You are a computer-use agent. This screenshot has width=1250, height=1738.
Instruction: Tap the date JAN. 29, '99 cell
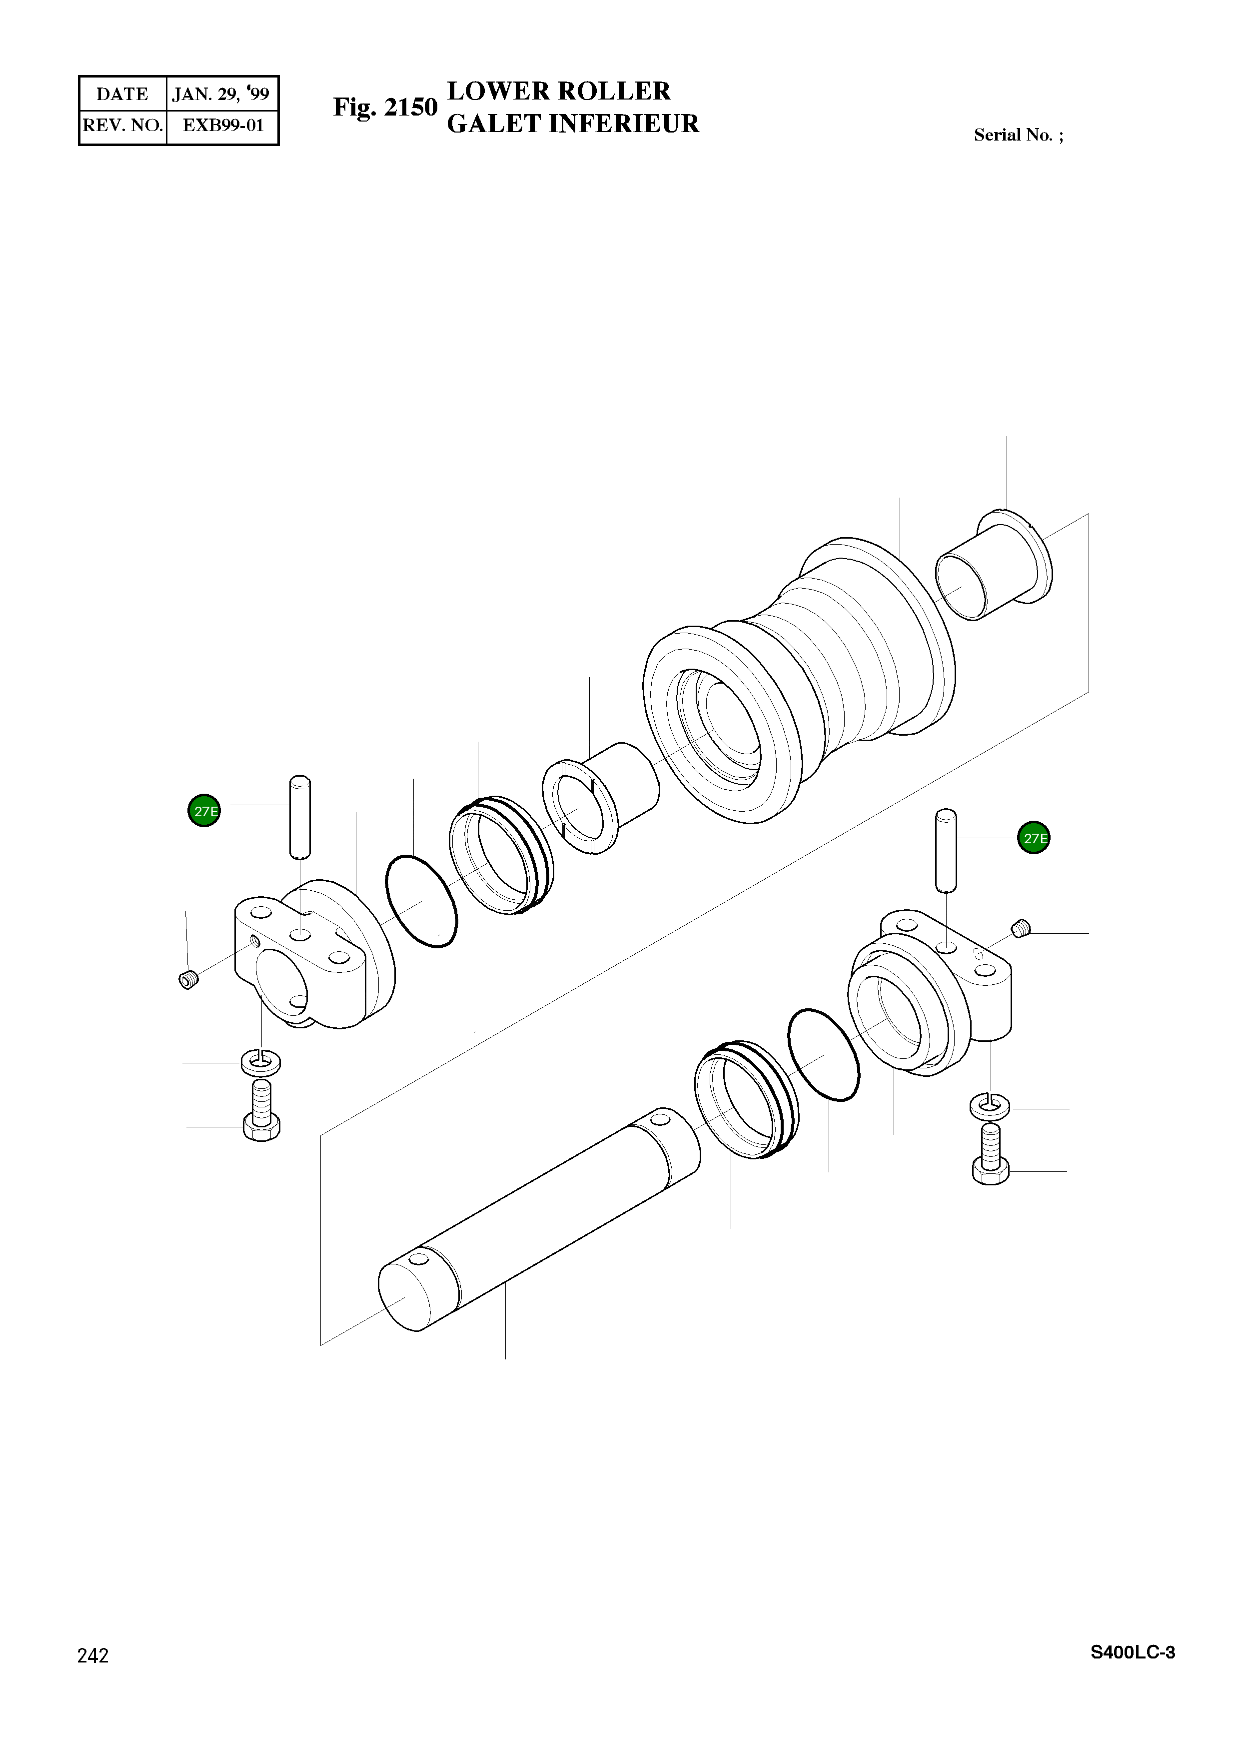pos(221,94)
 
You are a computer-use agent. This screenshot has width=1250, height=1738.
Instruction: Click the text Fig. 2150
pos(384,108)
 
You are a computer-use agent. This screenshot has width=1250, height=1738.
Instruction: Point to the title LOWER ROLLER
pos(558,91)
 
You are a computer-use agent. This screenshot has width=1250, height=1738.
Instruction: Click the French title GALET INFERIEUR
pos(572,124)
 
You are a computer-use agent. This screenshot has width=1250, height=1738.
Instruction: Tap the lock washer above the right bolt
pos(990,1106)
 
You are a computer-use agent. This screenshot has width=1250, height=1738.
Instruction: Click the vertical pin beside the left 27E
pos(299,818)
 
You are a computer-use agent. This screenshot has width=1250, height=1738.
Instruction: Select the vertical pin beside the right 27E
pos(947,851)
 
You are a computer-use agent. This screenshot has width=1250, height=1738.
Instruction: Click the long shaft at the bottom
pos(536,1218)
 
